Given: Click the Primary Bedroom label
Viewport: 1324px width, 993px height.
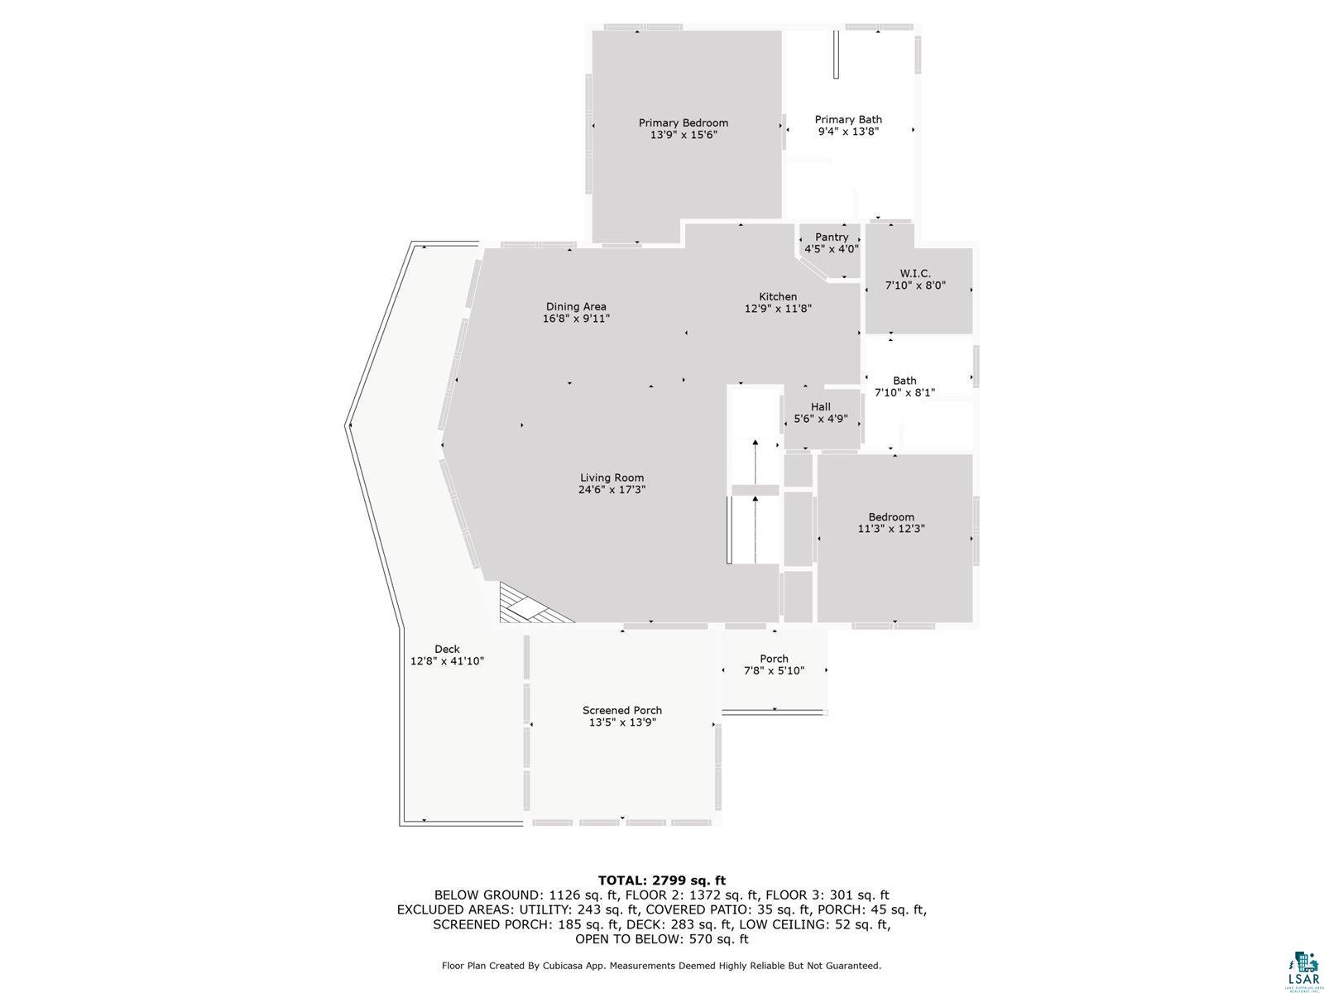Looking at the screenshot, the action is click(684, 123).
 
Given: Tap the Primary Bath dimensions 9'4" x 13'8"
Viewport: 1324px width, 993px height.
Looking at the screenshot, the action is click(848, 132).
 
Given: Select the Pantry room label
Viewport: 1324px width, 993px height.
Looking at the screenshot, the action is click(832, 237).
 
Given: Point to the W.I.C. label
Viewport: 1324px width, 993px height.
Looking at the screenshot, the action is click(915, 274).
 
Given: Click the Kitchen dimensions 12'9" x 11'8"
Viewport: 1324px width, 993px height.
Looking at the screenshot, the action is click(778, 309).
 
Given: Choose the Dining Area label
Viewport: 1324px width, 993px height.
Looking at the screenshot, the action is click(576, 307).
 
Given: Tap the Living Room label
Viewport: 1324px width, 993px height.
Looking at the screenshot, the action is click(612, 478).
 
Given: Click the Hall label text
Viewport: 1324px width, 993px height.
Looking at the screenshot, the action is click(820, 407).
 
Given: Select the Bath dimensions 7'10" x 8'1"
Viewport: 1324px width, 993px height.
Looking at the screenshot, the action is click(904, 392).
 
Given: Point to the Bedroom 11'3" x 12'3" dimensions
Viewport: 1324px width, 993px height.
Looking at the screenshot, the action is click(891, 529).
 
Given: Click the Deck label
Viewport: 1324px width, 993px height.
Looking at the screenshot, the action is click(447, 650).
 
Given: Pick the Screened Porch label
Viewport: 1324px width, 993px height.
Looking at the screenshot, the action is click(622, 710).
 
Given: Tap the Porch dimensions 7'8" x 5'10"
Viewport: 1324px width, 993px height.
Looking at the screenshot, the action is click(774, 670).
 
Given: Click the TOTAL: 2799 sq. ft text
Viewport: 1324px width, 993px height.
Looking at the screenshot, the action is click(662, 880).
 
